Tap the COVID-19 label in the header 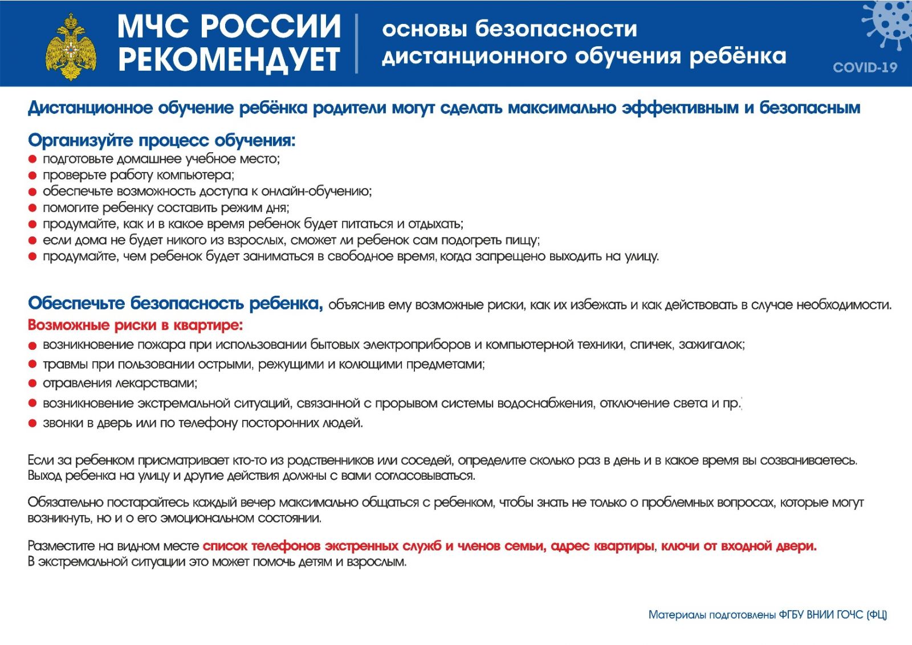865,68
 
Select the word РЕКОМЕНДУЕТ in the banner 229,59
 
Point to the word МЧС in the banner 153,26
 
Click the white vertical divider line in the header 357,43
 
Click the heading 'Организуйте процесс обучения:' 162,140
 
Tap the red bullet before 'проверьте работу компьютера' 32,175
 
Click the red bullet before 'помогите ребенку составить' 32,208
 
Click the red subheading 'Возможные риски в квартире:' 135,325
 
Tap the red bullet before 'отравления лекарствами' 32,383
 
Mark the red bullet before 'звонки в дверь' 32,423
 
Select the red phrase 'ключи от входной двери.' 739,546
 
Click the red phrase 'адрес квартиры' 602,546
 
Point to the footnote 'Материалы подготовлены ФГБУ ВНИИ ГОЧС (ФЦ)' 767,615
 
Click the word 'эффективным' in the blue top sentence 681,108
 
